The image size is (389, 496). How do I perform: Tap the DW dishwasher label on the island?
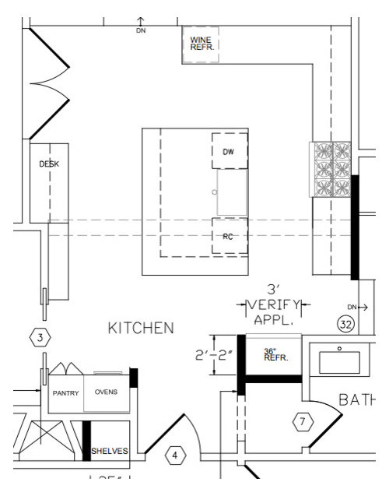pyautogui.click(x=228, y=152)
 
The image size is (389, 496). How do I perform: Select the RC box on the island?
pyautogui.click(x=229, y=236)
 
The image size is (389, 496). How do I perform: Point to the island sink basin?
pyautogui.click(x=232, y=192)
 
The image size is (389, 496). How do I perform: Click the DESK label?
pyautogui.click(x=49, y=164)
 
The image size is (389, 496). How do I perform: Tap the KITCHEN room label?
pyautogui.click(x=141, y=329)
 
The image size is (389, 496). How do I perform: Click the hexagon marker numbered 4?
pyautogui.click(x=174, y=454)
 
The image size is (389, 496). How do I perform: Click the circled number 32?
pyautogui.click(x=345, y=322)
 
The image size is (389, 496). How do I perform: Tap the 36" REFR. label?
pyautogui.click(x=272, y=355)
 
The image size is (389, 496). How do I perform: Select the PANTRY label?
pyautogui.click(x=66, y=392)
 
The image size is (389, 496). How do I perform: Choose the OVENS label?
pyautogui.click(x=106, y=392)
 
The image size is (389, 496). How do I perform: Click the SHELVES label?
pyautogui.click(x=110, y=451)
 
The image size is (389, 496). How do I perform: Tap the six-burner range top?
pyautogui.click(x=332, y=169)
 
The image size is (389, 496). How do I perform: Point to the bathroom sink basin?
pyautogui.click(x=338, y=362)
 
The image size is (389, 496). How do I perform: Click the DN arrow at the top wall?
pyautogui.click(x=140, y=25)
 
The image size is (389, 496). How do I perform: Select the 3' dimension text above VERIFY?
pyautogui.click(x=273, y=290)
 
